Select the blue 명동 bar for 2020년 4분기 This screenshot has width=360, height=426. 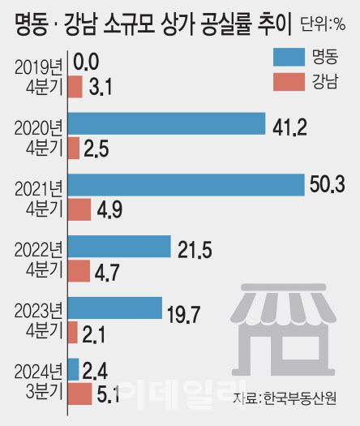pos(166,124)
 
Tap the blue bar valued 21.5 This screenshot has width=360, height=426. pos(119,247)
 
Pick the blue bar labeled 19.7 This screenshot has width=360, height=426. pos(114,308)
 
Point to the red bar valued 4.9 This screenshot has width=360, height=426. pos(79,209)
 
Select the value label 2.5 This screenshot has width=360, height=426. pos(95,148)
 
